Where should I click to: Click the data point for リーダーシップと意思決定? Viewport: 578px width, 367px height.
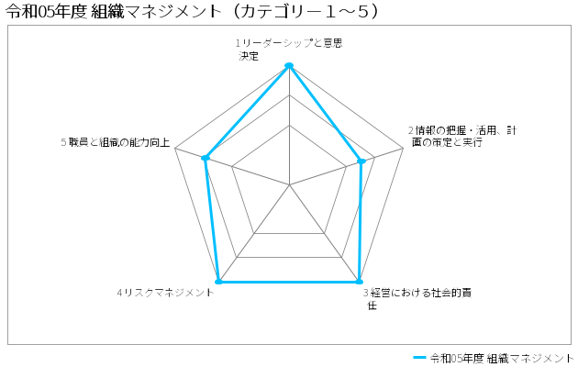tap(289, 65)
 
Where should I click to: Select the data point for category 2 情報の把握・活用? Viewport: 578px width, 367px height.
tap(361, 161)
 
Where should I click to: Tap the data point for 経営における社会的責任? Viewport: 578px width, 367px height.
tap(359, 282)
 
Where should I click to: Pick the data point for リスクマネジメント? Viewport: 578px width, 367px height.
tap(218, 282)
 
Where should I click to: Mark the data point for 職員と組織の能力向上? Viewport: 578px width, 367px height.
tap(206, 158)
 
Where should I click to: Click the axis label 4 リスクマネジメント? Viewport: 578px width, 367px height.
tap(165, 293)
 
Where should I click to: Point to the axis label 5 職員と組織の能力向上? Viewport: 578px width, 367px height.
tap(116, 142)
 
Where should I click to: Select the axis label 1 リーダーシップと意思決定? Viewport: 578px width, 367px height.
tap(289, 50)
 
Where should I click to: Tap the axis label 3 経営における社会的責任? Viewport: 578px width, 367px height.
tap(417, 299)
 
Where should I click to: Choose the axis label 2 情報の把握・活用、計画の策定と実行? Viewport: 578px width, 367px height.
tap(462, 137)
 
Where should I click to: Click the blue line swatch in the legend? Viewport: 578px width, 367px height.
tap(420, 358)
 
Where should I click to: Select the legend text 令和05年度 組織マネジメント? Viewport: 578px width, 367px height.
tap(502, 358)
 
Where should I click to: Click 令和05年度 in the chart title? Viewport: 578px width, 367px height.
tap(46, 11)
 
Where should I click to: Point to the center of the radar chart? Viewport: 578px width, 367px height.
tap(289, 184)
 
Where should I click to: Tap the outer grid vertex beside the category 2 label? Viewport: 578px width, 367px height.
tap(404, 149)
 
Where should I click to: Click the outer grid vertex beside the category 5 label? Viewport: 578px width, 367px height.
tap(175, 149)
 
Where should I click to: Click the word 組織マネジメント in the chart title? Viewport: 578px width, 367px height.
tap(155, 11)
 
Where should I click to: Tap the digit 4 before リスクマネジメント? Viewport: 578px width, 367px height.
tap(120, 293)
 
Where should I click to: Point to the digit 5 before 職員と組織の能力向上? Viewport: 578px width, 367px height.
tap(64, 142)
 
